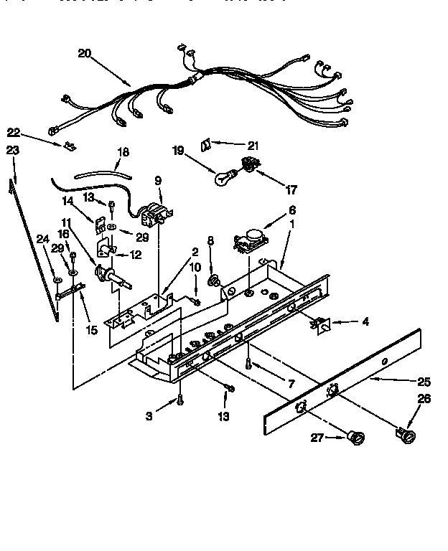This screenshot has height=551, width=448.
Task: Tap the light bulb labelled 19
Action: point(223,176)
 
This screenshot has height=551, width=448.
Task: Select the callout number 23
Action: point(12,150)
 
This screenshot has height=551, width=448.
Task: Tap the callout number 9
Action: point(158,181)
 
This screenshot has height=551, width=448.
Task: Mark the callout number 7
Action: point(291,385)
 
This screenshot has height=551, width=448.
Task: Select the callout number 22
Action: point(12,132)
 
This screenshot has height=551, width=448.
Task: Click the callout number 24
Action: point(42,240)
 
